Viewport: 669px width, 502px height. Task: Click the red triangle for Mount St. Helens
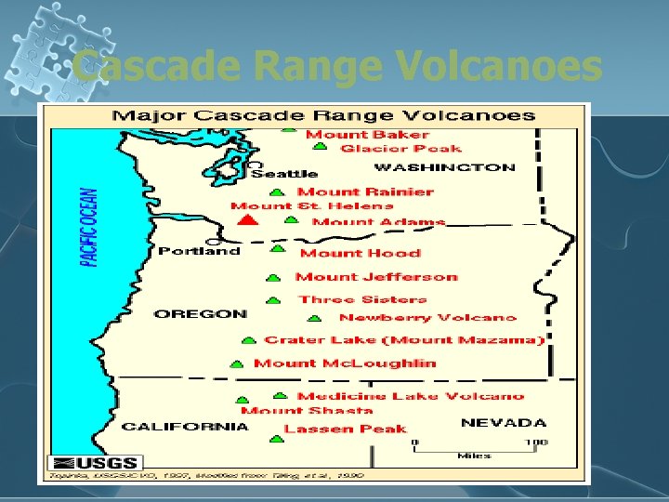(246, 220)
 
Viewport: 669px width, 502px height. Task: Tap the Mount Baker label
(356, 135)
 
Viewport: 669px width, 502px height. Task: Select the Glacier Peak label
(400, 149)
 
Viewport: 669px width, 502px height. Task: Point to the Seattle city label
(284, 174)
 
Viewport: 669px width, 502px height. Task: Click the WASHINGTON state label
(444, 168)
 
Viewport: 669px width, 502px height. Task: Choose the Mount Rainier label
(365, 192)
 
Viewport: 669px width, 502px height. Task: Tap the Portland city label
(199, 251)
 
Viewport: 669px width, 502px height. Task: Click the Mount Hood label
(360, 253)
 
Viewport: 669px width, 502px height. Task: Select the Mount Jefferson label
(376, 276)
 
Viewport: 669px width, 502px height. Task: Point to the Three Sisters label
(362, 299)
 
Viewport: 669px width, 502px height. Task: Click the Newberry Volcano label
(427, 318)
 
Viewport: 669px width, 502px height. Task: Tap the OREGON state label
(201, 314)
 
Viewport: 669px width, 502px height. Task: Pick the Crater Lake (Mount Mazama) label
(403, 340)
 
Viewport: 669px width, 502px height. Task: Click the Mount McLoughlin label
(345, 363)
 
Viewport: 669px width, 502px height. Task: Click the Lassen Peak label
(345, 429)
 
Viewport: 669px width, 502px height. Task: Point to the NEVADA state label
(504, 423)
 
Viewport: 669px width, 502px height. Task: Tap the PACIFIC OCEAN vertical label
(89, 228)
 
